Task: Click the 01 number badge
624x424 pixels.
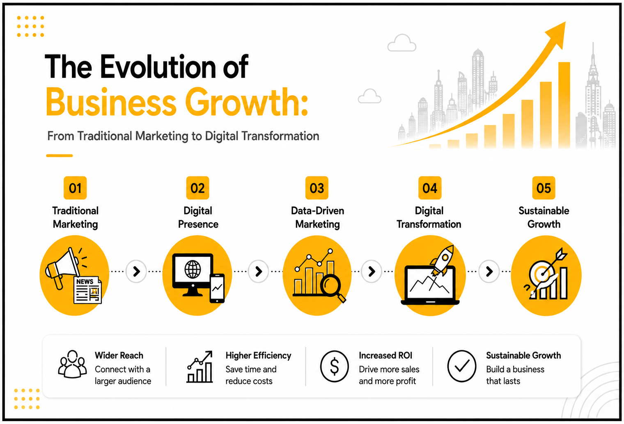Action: pos(75,188)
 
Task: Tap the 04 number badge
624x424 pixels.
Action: pos(430,188)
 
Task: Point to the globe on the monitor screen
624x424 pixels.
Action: pos(193,269)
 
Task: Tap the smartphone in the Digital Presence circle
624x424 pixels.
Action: pos(217,289)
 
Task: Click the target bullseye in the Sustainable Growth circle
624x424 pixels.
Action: pos(542,274)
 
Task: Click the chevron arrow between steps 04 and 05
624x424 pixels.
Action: pos(489,271)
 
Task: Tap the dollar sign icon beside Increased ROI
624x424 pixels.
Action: pos(334,366)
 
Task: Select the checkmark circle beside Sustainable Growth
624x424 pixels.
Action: pos(461,366)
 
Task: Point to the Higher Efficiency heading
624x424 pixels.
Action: pos(258,355)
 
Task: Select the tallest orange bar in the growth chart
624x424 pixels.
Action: pos(564,105)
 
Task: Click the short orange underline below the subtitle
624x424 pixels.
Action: pos(60,155)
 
